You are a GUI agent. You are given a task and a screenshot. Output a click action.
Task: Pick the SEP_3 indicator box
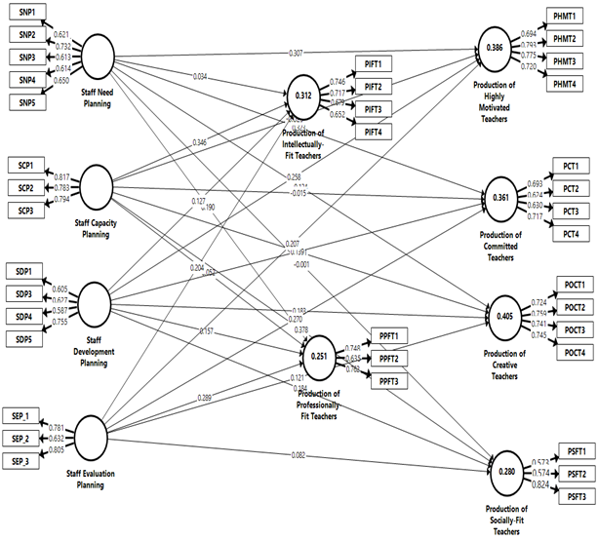tap(21, 459)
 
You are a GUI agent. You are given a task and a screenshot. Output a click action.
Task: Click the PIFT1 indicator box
tap(375, 63)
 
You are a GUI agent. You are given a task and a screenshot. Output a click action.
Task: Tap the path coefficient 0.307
tap(296, 52)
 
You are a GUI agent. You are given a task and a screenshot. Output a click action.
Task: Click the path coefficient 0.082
tap(298, 456)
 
